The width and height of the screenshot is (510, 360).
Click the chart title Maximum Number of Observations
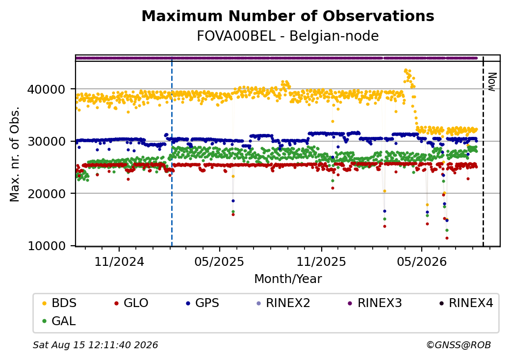[x=288, y=16]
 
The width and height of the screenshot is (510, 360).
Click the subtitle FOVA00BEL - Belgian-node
[x=288, y=36]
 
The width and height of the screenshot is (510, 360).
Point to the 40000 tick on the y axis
[x=47, y=89]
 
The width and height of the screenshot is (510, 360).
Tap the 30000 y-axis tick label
[x=47, y=141]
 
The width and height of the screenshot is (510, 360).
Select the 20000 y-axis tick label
[x=47, y=194]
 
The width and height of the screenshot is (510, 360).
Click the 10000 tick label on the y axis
[x=47, y=246]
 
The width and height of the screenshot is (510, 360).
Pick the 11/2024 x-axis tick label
[x=119, y=261]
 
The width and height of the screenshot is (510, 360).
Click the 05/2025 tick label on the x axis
[x=219, y=261]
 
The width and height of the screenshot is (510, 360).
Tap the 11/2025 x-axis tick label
[x=321, y=261]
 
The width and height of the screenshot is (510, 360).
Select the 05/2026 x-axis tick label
[x=422, y=261]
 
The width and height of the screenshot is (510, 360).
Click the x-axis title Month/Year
[x=288, y=279]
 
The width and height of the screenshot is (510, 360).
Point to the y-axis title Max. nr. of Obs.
[x=15, y=154]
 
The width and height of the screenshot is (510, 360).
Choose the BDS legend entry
[x=60, y=303]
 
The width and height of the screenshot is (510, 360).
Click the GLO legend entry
[x=131, y=303]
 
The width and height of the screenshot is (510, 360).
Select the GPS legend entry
[x=203, y=303]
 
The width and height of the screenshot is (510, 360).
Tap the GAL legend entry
[x=59, y=321]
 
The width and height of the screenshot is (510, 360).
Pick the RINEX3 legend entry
[x=375, y=303]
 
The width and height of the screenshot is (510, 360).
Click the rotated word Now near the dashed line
[x=492, y=82]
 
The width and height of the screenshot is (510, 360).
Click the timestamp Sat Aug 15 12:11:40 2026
[x=96, y=345]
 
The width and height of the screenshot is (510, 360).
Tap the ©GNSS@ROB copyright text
[x=459, y=345]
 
